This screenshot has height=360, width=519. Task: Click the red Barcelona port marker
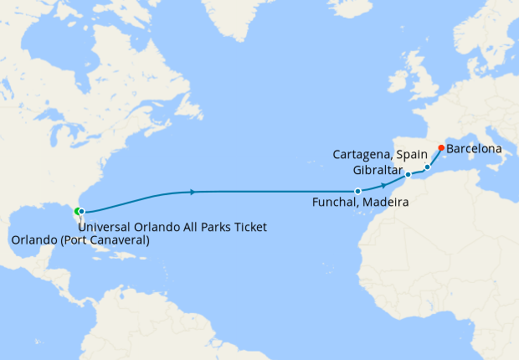point(441,148)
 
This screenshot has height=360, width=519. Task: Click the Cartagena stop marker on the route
point(427,167)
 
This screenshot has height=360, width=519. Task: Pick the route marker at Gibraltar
point(408,175)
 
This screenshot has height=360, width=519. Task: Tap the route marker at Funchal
point(357,192)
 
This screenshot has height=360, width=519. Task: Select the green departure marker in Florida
point(76,211)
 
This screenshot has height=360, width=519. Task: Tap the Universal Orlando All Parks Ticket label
point(172,227)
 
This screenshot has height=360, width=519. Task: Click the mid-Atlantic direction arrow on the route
point(194,192)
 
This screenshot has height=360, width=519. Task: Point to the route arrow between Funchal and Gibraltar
point(383,184)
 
